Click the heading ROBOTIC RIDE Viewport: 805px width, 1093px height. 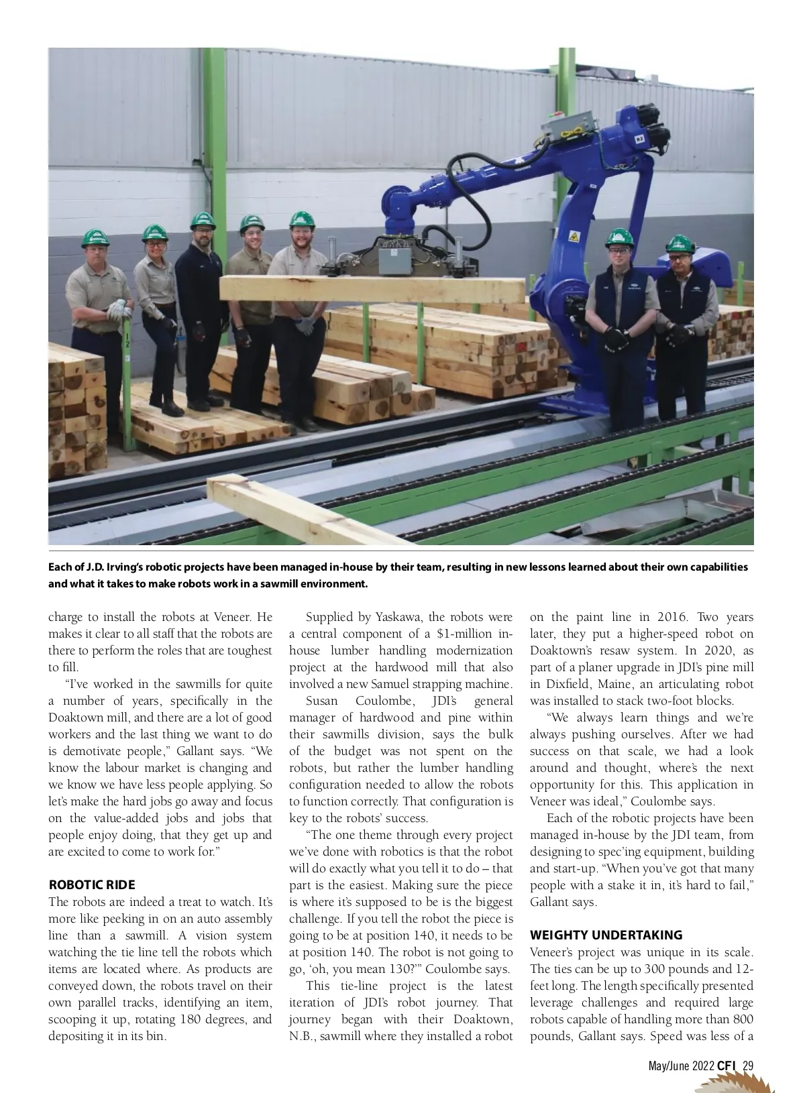[92, 884]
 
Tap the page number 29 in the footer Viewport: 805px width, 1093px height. [749, 1066]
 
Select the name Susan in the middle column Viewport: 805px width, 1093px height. [322, 701]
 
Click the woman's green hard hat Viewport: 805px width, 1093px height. [155, 232]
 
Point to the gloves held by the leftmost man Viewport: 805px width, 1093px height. [119, 309]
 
